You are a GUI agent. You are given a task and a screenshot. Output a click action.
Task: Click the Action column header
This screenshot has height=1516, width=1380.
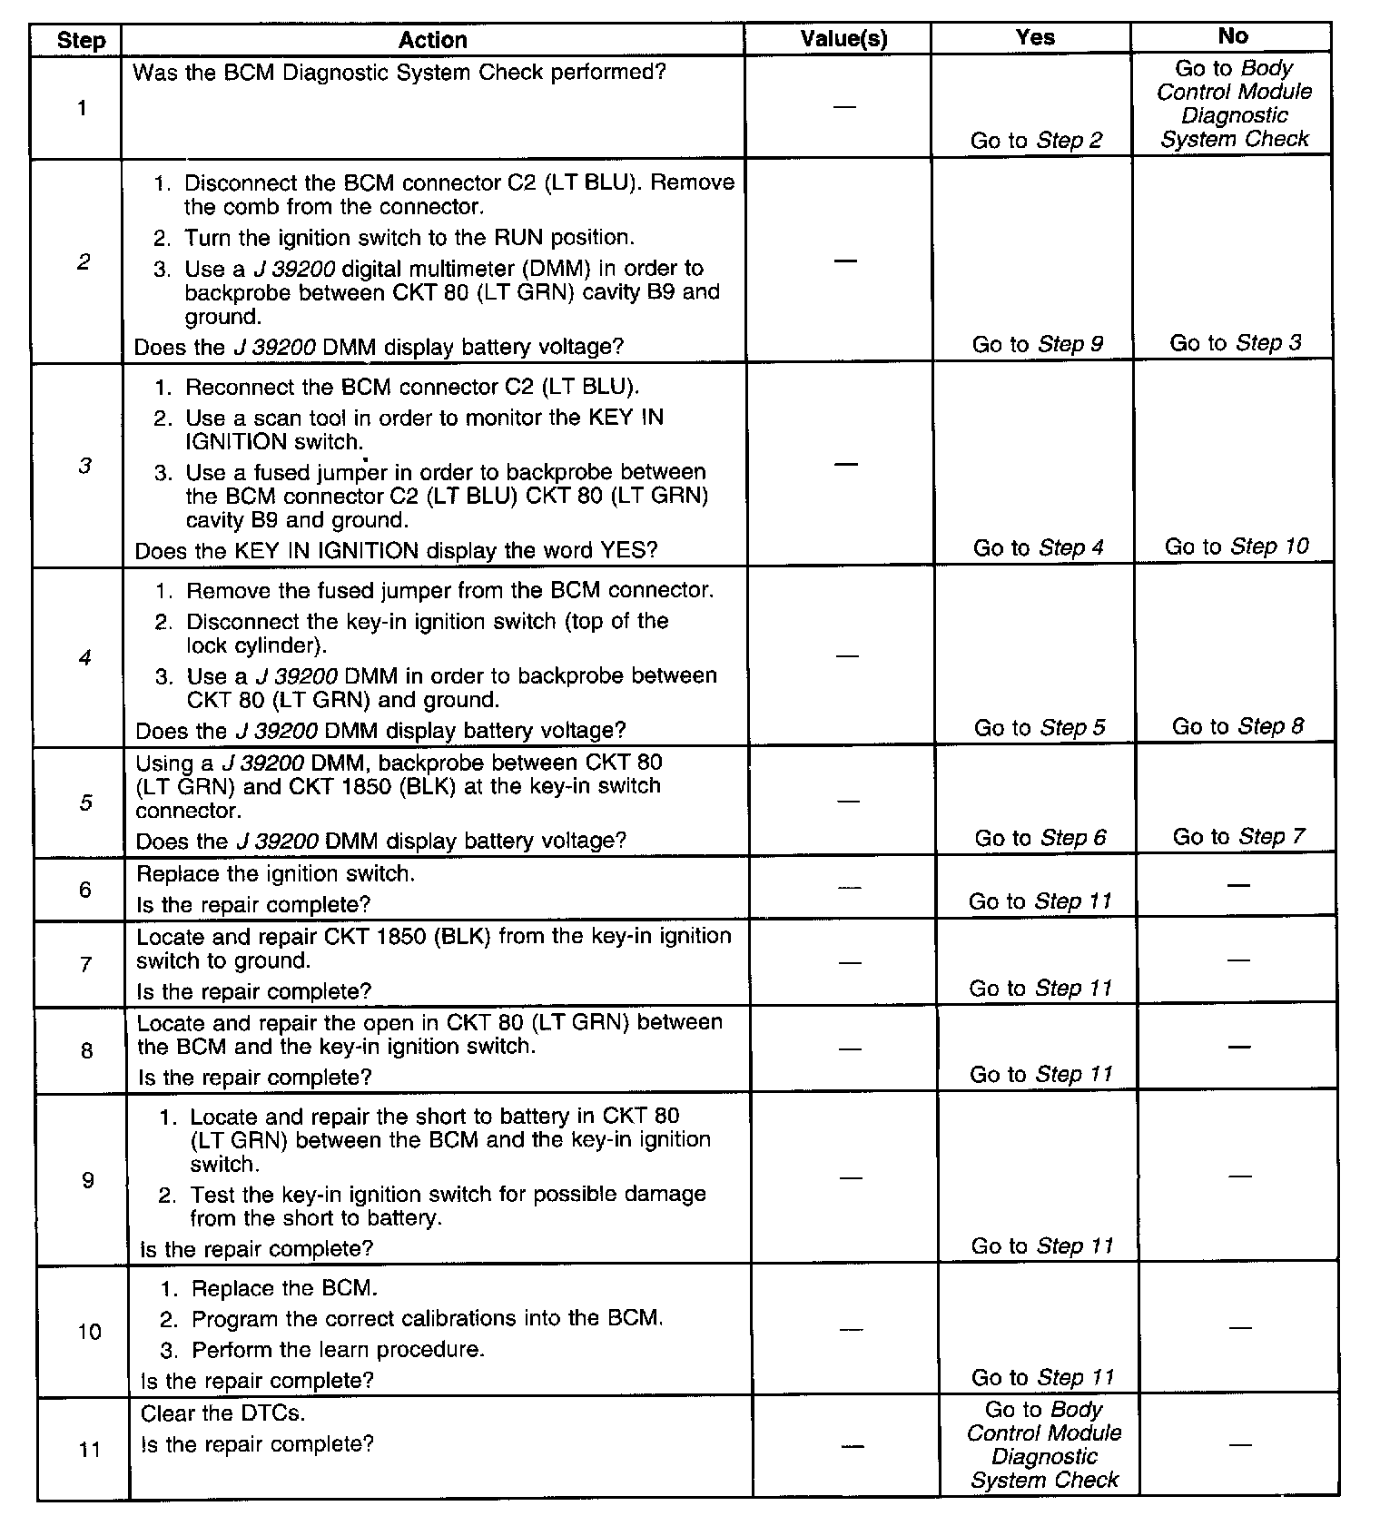tap(433, 40)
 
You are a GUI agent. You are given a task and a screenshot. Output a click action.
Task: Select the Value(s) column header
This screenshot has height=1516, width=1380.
tap(843, 38)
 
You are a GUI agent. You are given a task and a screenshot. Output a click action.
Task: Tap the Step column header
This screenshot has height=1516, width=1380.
tap(81, 41)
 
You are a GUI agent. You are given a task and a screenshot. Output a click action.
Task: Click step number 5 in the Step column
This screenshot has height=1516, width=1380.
tap(85, 802)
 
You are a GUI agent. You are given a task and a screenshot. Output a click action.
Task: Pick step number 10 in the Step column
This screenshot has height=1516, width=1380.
tap(89, 1332)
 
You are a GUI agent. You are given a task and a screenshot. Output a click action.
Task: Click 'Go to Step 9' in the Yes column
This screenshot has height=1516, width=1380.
tap(1038, 344)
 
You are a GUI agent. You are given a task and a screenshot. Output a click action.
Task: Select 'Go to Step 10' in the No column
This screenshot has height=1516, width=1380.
tap(1237, 546)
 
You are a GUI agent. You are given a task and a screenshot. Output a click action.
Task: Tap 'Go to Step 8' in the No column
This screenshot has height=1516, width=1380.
tap(1237, 726)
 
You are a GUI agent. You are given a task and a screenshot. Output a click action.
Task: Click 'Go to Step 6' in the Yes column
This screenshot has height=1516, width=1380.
tap(1040, 838)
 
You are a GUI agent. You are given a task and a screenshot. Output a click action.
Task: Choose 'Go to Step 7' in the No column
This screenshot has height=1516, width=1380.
tap(1238, 836)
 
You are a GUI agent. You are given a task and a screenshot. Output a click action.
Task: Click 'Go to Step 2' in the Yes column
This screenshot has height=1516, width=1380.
tap(1036, 141)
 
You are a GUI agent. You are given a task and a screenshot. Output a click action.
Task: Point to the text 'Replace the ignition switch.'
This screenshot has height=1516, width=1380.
tap(276, 874)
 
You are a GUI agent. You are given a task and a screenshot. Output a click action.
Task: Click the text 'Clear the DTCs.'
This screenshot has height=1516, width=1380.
tap(223, 1413)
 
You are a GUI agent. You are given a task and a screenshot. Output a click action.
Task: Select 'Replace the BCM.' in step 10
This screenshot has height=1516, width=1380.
tap(284, 1288)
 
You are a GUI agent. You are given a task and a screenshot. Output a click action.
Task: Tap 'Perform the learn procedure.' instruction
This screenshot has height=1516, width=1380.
tap(338, 1350)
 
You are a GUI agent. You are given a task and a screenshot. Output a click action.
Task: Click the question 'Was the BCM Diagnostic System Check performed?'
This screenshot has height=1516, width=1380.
tap(399, 72)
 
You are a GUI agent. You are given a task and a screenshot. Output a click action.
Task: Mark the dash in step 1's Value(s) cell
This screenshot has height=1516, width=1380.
tap(844, 106)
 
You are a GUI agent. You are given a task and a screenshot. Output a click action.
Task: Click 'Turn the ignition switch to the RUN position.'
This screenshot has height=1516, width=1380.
tap(409, 238)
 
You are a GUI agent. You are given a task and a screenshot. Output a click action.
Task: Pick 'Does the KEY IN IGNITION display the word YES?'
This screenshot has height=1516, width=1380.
tap(396, 550)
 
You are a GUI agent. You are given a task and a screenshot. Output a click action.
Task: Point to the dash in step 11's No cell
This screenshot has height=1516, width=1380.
tap(1239, 1444)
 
